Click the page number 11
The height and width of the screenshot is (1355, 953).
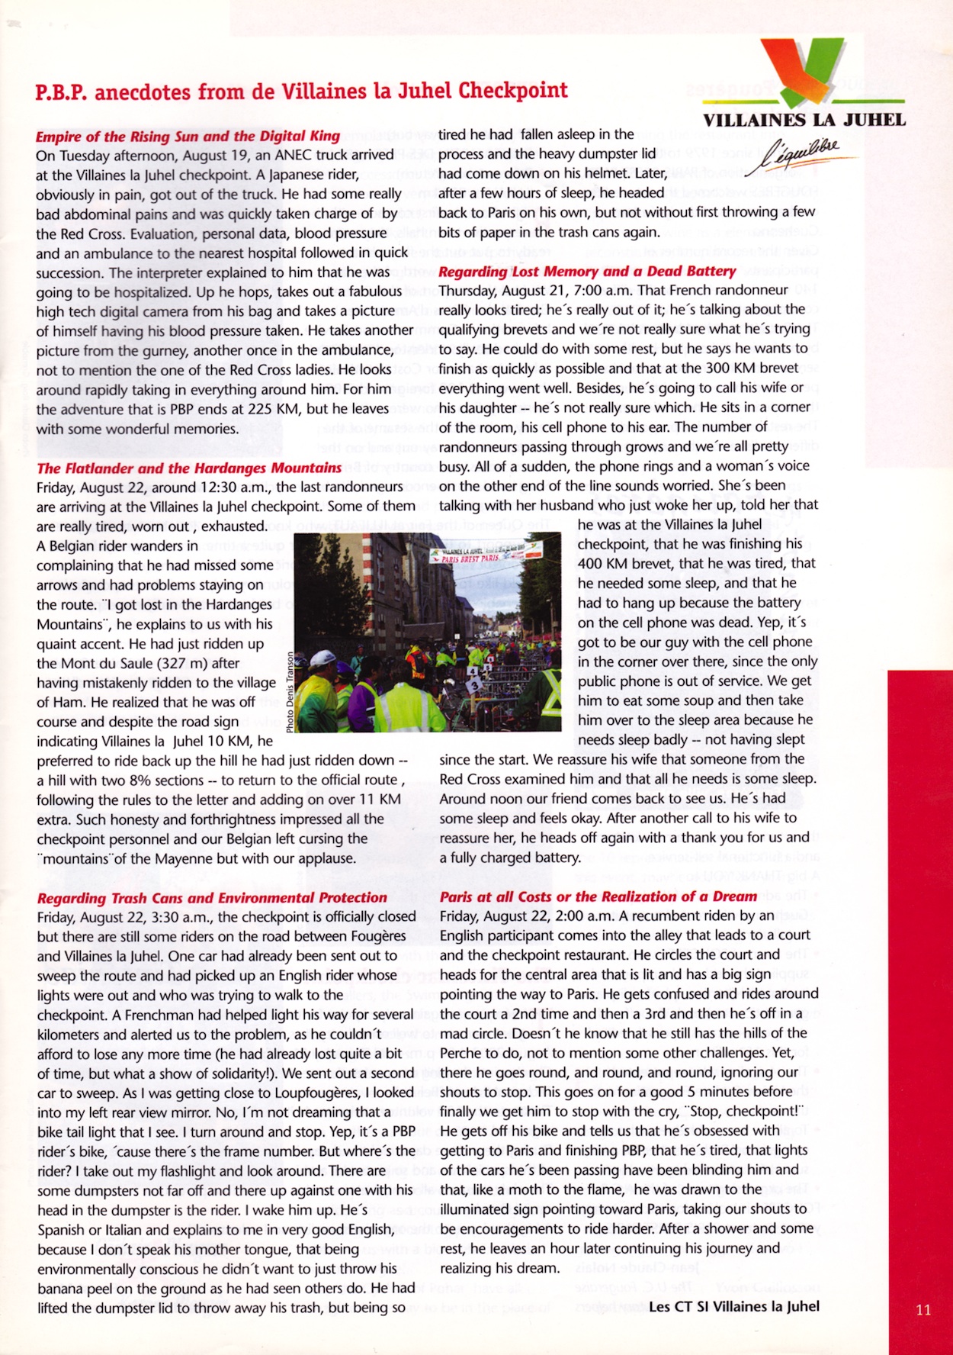(x=923, y=1309)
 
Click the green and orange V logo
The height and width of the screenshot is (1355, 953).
(x=804, y=72)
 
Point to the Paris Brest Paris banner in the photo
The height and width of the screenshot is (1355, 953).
(x=486, y=555)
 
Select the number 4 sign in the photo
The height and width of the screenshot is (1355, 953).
(x=473, y=671)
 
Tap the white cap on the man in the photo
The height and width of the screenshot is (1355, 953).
(x=323, y=657)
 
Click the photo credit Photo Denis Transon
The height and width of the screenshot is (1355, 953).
(x=290, y=693)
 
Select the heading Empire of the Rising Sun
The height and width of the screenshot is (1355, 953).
(x=188, y=136)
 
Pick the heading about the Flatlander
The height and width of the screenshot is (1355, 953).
(x=189, y=468)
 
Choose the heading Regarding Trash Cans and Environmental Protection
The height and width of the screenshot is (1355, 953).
(x=212, y=897)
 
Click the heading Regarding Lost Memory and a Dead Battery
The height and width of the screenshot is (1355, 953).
(x=587, y=271)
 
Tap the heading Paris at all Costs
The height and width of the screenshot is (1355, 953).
(x=598, y=896)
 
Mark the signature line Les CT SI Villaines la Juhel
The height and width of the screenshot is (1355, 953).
(x=733, y=1306)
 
